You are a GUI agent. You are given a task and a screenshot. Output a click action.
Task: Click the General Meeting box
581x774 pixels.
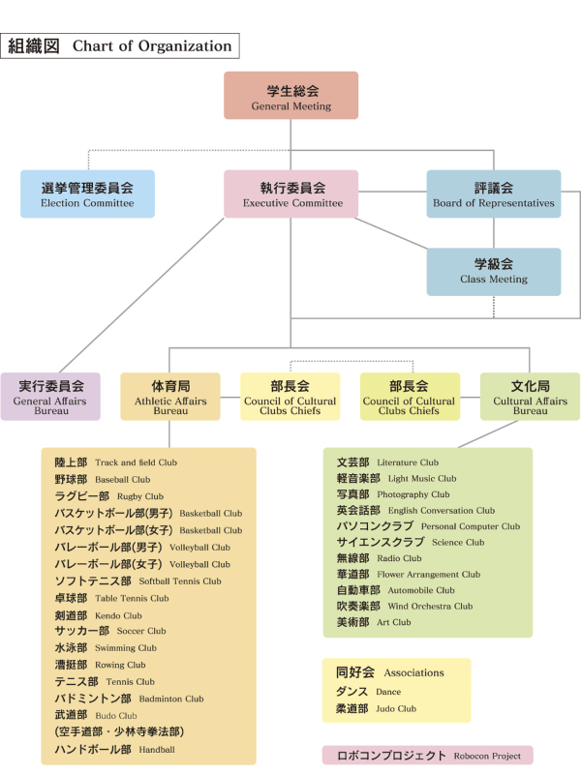click(291, 95)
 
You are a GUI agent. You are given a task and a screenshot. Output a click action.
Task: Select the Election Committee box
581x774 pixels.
click(87, 194)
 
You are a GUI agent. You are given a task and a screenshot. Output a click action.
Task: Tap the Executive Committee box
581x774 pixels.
click(291, 194)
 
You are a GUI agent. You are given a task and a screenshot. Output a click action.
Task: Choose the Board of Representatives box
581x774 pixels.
click(494, 194)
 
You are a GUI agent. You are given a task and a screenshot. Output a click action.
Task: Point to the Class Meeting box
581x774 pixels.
click(494, 272)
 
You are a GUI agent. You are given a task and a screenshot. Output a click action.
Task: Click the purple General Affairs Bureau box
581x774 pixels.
click(50, 397)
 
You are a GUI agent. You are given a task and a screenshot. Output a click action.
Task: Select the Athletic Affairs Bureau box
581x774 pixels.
click(170, 397)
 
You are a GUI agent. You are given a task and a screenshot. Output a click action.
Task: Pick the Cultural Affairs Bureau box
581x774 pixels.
click(530, 397)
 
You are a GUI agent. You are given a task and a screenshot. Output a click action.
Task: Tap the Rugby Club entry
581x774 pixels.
click(109, 496)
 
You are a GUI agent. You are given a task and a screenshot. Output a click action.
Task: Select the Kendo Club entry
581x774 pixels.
click(99, 615)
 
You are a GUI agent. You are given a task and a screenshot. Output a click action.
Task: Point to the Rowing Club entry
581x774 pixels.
click(101, 665)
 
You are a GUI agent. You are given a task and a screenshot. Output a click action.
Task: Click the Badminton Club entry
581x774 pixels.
click(129, 699)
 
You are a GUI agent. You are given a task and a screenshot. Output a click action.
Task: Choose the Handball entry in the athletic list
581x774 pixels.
click(114, 749)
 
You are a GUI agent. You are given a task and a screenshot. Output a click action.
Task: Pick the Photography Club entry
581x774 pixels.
click(393, 494)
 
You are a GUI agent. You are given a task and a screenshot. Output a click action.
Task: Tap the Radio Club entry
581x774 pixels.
click(379, 558)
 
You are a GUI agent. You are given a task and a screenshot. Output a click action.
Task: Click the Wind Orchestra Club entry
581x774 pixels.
click(405, 607)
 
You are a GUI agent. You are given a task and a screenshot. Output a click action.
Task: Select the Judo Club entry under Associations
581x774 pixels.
click(376, 709)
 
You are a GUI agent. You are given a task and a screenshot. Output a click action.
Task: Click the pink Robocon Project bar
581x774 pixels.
click(428, 756)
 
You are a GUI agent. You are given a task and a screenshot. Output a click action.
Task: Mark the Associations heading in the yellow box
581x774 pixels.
click(390, 672)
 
